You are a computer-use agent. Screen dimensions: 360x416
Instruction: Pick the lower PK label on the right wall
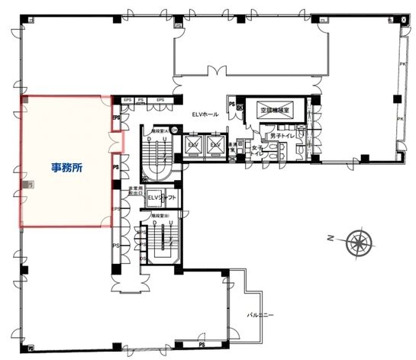point(399,119)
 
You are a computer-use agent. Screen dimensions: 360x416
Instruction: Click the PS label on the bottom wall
point(202,344)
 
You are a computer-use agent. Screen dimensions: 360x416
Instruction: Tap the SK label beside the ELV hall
point(238,109)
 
